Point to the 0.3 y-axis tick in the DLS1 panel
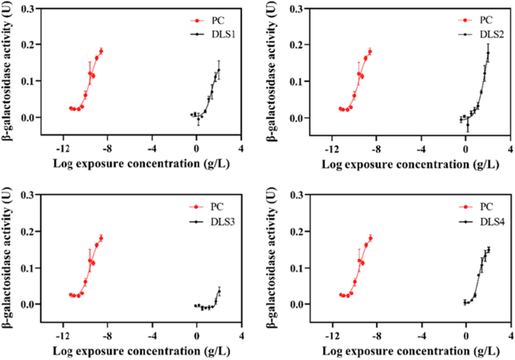pos(32,8)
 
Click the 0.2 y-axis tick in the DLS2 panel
pos(301,45)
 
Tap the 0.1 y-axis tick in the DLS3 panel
pos(32,268)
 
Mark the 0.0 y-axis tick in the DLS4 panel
pos(301,304)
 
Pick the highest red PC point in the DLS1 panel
pos(101,51)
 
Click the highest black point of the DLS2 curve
pos(488,53)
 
